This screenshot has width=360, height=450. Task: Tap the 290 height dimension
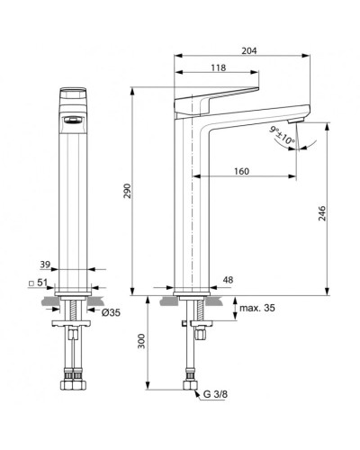coord(127,193)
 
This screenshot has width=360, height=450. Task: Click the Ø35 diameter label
coord(111,312)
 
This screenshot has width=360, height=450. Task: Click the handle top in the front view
coord(74,94)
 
